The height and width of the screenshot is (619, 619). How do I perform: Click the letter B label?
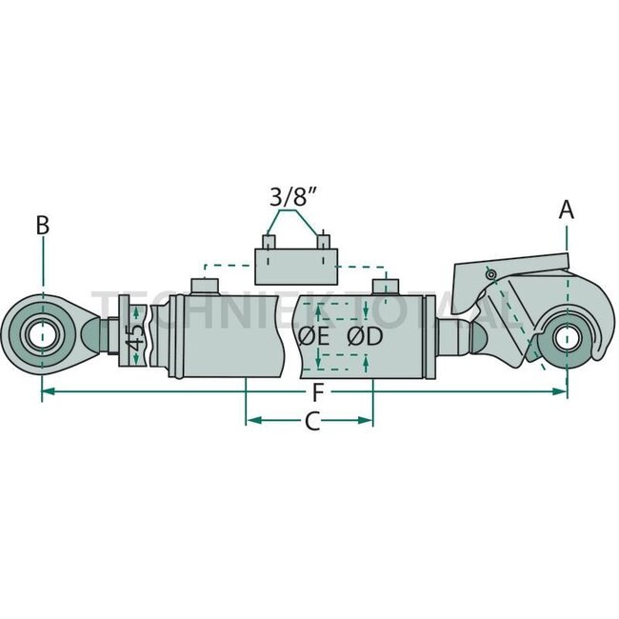coord(42,226)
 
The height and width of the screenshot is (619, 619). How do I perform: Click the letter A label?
coord(567,210)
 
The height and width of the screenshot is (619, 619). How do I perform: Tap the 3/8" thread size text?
coord(294,199)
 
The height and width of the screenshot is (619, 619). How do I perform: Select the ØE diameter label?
coord(313,336)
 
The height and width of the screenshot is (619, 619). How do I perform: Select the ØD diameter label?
coord(366,336)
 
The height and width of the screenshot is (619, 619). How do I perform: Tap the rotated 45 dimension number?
coord(135,336)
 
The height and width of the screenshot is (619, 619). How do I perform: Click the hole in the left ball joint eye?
coord(41,335)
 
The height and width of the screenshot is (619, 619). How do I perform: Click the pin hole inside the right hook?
coord(567,337)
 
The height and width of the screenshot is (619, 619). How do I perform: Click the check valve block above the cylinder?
coord(295,262)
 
